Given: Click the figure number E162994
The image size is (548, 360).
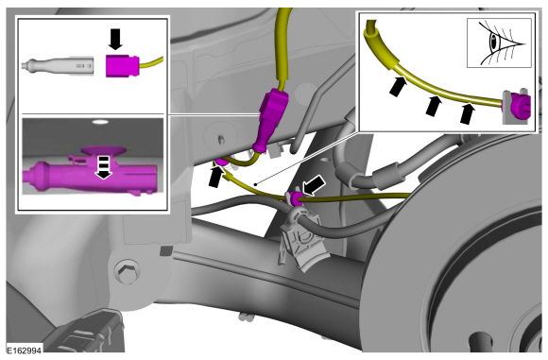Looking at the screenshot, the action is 25,351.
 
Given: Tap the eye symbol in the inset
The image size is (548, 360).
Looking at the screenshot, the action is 500,43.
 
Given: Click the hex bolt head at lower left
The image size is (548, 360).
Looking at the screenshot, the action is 128,271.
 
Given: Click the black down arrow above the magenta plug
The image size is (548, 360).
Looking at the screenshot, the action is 115,39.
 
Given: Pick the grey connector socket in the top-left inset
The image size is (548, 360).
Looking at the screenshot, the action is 58,65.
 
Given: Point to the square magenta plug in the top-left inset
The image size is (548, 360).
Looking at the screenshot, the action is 122,65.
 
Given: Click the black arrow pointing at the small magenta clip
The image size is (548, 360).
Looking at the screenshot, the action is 217,177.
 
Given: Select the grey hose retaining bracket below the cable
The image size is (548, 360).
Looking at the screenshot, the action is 302,239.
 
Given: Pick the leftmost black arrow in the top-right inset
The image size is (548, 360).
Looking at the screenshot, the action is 398,86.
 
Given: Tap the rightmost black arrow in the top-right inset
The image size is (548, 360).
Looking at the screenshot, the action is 468,113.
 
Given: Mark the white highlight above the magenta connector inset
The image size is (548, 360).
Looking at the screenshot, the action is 100,122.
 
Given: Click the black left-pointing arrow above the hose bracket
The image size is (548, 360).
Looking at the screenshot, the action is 314,185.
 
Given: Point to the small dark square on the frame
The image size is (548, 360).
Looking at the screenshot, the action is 166,250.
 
